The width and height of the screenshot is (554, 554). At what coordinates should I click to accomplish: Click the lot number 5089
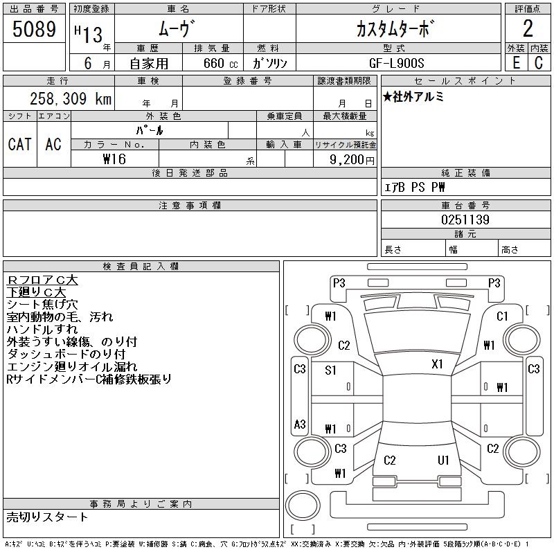point(34,29)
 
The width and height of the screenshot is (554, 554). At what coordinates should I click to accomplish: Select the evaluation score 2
point(528,28)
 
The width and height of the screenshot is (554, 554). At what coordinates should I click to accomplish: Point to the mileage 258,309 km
point(71,98)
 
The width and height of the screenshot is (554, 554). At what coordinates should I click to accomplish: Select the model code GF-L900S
point(396,63)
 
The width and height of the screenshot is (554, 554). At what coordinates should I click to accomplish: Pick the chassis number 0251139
point(465,220)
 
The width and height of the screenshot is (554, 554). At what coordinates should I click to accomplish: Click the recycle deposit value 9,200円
point(352,160)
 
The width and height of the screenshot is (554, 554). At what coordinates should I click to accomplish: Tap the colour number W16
point(114,159)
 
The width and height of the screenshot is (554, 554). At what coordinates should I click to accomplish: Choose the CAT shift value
point(20,144)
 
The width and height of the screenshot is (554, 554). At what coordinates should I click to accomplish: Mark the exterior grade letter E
point(516,63)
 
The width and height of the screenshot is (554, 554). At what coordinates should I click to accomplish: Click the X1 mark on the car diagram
point(437,364)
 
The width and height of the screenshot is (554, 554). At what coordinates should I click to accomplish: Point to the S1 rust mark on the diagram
point(330,370)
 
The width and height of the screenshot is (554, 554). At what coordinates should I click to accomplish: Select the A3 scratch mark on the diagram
point(300,424)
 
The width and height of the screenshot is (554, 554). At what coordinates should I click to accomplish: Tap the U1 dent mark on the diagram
point(443,460)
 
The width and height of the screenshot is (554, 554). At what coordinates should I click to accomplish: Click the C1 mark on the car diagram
point(502,316)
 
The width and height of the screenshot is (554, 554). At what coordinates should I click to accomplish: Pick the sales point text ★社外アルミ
point(413,96)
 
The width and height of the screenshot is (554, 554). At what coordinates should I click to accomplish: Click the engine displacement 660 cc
point(220,63)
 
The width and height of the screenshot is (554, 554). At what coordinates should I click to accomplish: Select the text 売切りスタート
point(47,517)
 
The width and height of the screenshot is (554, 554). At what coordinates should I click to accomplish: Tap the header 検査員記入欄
point(141,267)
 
